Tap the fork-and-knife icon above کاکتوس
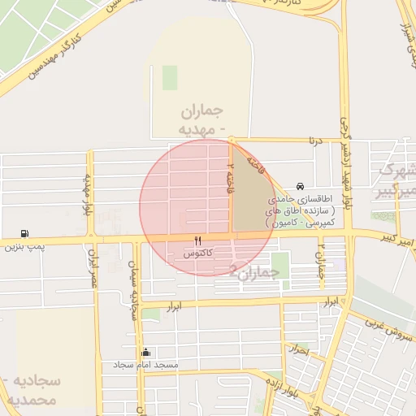click(x=197, y=241)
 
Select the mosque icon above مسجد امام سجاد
click(x=146, y=353)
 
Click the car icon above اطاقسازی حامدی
click(x=301, y=186)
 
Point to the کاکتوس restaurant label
click(x=198, y=253)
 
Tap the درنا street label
click(x=314, y=141)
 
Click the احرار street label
click(x=300, y=350)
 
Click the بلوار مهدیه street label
click(x=86, y=195)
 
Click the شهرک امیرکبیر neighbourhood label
click(x=396, y=180)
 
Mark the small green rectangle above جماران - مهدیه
click(x=170, y=77)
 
